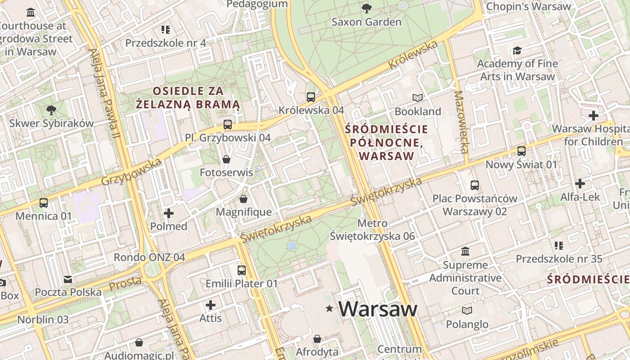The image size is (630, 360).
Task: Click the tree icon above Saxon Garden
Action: click(367, 8)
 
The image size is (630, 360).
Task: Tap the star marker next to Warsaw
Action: click(330, 309)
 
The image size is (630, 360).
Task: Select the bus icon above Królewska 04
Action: click(310, 97)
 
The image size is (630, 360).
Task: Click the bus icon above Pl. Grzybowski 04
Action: click(228, 125)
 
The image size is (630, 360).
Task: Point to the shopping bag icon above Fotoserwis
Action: click(226, 159)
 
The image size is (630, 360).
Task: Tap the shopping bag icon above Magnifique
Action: click(243, 199)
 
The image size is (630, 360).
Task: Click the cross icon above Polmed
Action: click(169, 213)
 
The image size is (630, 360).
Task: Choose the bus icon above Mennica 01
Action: click(43, 203)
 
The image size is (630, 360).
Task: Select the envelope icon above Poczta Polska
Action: click(68, 279)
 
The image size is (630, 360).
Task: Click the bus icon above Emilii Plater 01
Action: click(242, 270)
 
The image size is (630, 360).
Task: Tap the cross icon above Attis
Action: click(210, 305)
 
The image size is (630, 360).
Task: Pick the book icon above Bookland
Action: click(418, 98)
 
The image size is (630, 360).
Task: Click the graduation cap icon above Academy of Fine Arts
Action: click(517, 50)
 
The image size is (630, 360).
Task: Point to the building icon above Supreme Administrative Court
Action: click(465, 252)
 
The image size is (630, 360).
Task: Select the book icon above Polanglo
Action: click(467, 311)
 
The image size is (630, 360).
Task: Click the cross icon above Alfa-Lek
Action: click(580, 184)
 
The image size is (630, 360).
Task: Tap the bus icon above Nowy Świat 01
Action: click(521, 151)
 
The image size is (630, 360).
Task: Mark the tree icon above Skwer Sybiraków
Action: click(51, 110)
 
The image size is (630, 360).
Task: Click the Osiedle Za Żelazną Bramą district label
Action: click(188, 98)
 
